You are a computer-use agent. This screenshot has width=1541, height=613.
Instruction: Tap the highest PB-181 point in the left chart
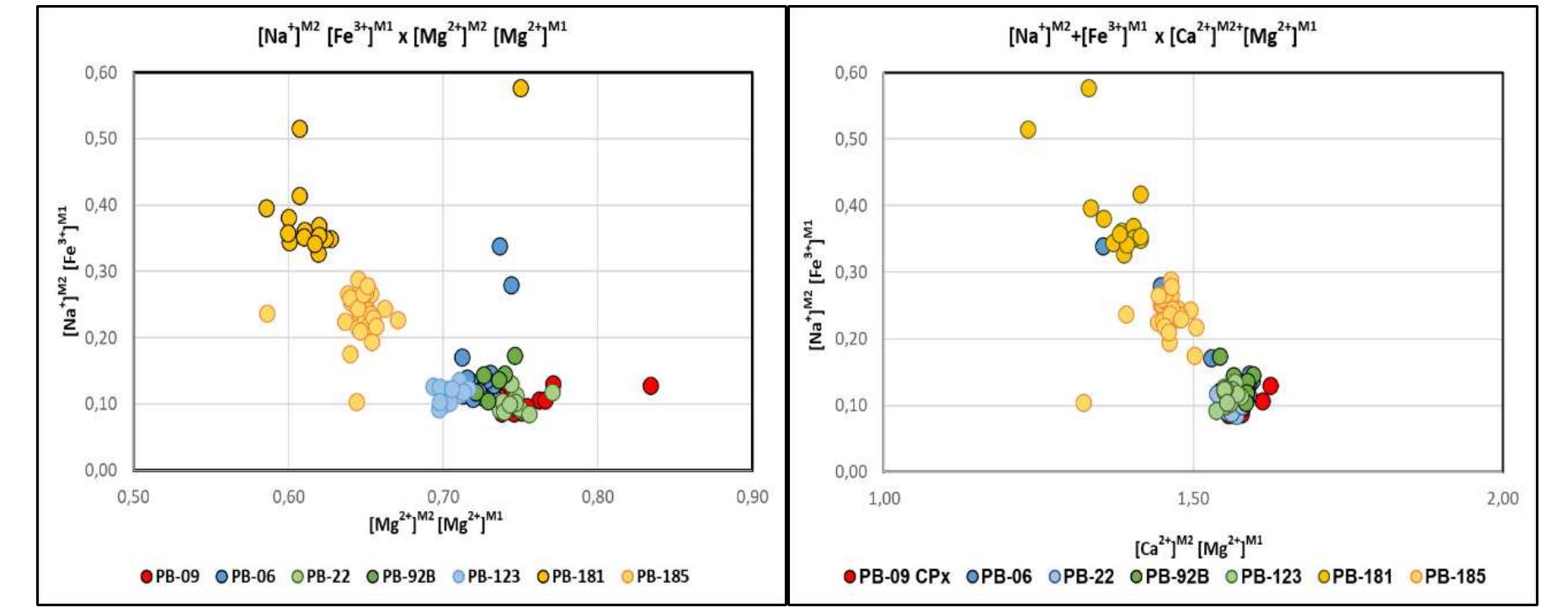point(520,88)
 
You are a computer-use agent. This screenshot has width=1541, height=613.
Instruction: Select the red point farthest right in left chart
point(650,386)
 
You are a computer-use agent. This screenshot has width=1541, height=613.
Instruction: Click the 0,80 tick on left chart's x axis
point(598,497)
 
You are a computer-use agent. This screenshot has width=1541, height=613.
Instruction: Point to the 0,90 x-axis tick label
point(752,497)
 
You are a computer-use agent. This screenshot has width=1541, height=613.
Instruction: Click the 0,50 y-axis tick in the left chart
point(100,138)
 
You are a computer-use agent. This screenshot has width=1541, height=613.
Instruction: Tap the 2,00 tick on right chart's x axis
point(1502,498)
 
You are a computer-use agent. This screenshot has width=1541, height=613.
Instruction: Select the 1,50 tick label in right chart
point(1193,498)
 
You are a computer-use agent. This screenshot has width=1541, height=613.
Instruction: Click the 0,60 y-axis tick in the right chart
point(850,73)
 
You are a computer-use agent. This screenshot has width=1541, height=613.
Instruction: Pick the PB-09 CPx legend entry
point(898,577)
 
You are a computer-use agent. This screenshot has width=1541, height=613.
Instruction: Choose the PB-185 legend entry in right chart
point(1448,577)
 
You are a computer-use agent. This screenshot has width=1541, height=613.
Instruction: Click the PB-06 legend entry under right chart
point(1000,577)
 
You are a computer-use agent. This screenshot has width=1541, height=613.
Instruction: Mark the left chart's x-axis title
point(435,524)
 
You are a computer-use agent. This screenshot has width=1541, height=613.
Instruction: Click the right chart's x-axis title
point(1198,547)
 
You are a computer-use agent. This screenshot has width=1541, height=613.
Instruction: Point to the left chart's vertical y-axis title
point(71,269)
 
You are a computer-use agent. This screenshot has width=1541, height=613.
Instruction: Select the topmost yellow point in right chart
point(1088,88)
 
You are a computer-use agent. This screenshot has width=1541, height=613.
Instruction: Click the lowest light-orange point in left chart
point(356,402)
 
